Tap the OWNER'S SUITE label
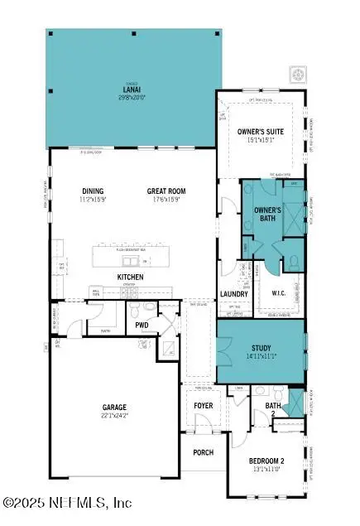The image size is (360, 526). (261, 131)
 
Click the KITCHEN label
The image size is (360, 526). (130, 277)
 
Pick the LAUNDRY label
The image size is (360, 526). (234, 294)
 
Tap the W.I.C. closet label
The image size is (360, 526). (279, 293)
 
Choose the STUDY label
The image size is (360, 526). (261, 349)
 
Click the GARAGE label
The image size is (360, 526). (114, 408)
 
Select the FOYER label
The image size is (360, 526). (204, 406)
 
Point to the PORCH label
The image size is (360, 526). (204, 452)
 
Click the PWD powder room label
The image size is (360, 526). (142, 326)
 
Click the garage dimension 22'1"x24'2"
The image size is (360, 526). (114, 417)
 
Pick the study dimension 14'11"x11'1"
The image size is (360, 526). (261, 358)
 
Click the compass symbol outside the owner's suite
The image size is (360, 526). (297, 75)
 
